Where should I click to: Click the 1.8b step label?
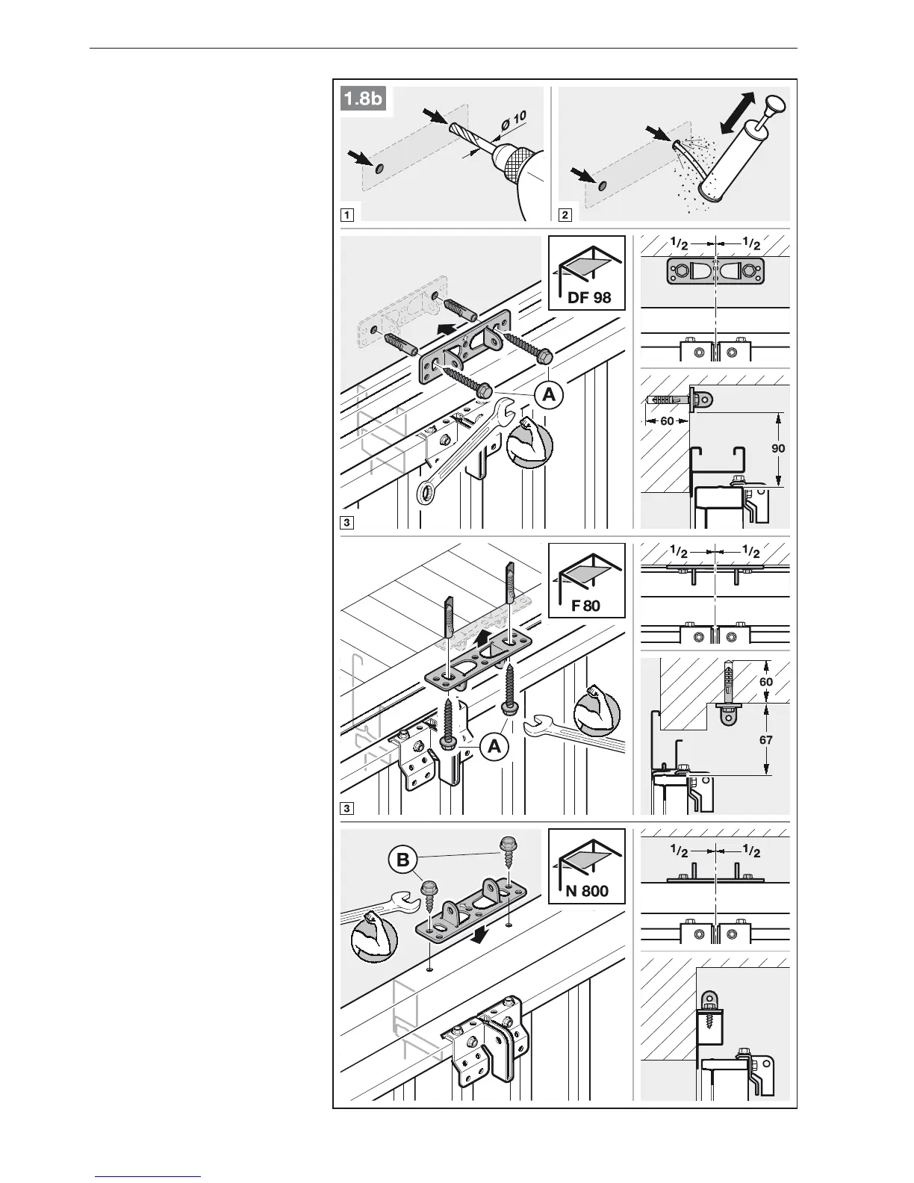coord(363,99)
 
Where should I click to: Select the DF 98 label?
coord(589,297)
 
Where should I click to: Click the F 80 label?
coord(586,605)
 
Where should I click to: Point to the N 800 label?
coord(587,890)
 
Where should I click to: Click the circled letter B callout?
coord(402,860)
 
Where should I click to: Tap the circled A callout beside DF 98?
coord(550,395)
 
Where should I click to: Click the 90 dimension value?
coord(777,449)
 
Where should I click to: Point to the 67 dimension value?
coord(765,740)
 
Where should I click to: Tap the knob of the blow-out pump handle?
coord(776,102)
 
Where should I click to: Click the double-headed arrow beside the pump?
coord(737,114)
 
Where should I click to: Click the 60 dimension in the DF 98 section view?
coord(667,420)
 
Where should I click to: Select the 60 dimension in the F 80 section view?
coord(765,682)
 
